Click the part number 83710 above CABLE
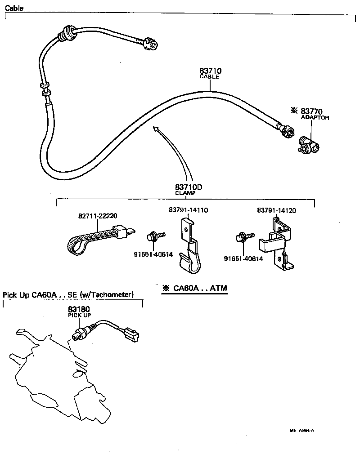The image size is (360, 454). pyautogui.click(x=210, y=71)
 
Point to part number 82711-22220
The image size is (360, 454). pyautogui.click(x=99, y=216)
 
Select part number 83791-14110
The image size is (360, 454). pyautogui.click(x=189, y=210)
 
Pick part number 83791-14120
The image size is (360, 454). pyautogui.click(x=276, y=210)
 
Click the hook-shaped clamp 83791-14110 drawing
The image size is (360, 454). pyautogui.click(x=189, y=249)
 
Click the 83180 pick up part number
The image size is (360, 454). pyautogui.click(x=79, y=309)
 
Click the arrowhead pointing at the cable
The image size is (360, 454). pyautogui.click(x=156, y=129)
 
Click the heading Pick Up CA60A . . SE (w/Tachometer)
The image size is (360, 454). pyautogui.click(x=68, y=295)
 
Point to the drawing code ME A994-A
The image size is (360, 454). pyautogui.click(x=301, y=430)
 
